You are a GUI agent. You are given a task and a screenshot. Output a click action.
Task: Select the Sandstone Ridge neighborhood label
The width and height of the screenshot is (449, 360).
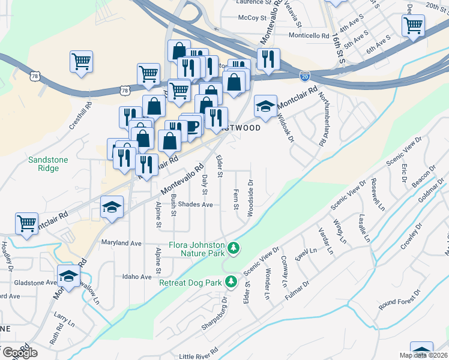(48, 164)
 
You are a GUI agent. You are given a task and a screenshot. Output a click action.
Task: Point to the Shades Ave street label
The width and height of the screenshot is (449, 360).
(196, 205)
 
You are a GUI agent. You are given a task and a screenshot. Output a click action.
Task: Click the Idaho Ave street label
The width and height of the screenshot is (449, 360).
(137, 277)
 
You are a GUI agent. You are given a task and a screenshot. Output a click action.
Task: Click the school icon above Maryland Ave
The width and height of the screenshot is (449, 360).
(112, 207)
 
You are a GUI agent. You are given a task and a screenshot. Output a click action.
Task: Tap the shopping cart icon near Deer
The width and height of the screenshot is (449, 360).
(414, 26)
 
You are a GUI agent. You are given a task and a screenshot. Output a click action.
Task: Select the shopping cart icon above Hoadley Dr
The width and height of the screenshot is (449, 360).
(27, 223)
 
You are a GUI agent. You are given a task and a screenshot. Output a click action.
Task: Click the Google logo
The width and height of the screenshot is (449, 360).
(20, 352)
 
